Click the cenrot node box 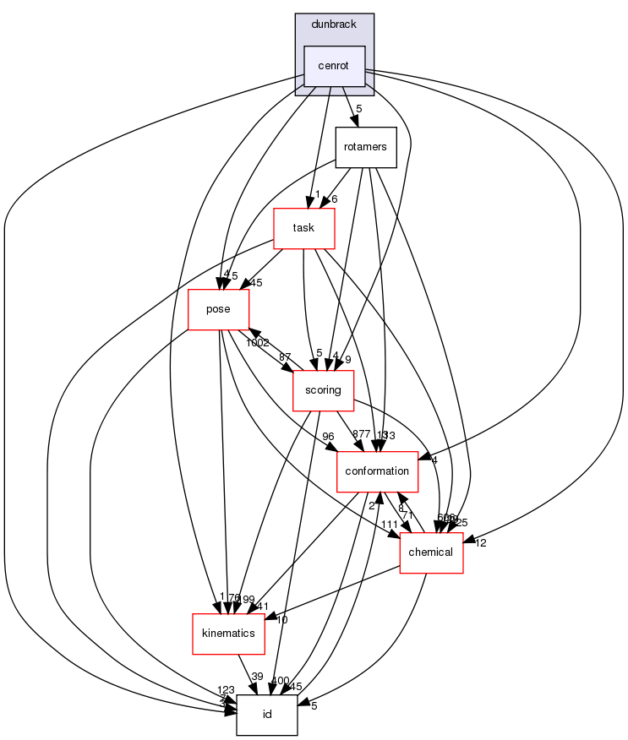(x=334, y=66)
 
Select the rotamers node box (x=365, y=147)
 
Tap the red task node (x=303, y=228)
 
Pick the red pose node (x=218, y=309)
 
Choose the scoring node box (x=323, y=390)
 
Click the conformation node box (x=378, y=471)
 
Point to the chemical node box (x=431, y=552)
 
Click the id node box (x=267, y=715)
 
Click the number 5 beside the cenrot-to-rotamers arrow (x=359, y=108)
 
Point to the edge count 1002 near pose (x=257, y=343)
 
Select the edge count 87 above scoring (x=285, y=358)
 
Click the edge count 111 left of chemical (x=389, y=525)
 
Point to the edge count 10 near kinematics (x=281, y=620)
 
